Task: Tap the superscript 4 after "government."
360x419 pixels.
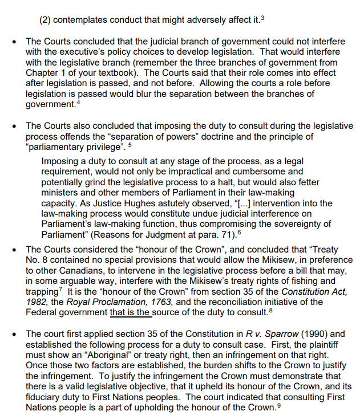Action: point(79,102)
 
